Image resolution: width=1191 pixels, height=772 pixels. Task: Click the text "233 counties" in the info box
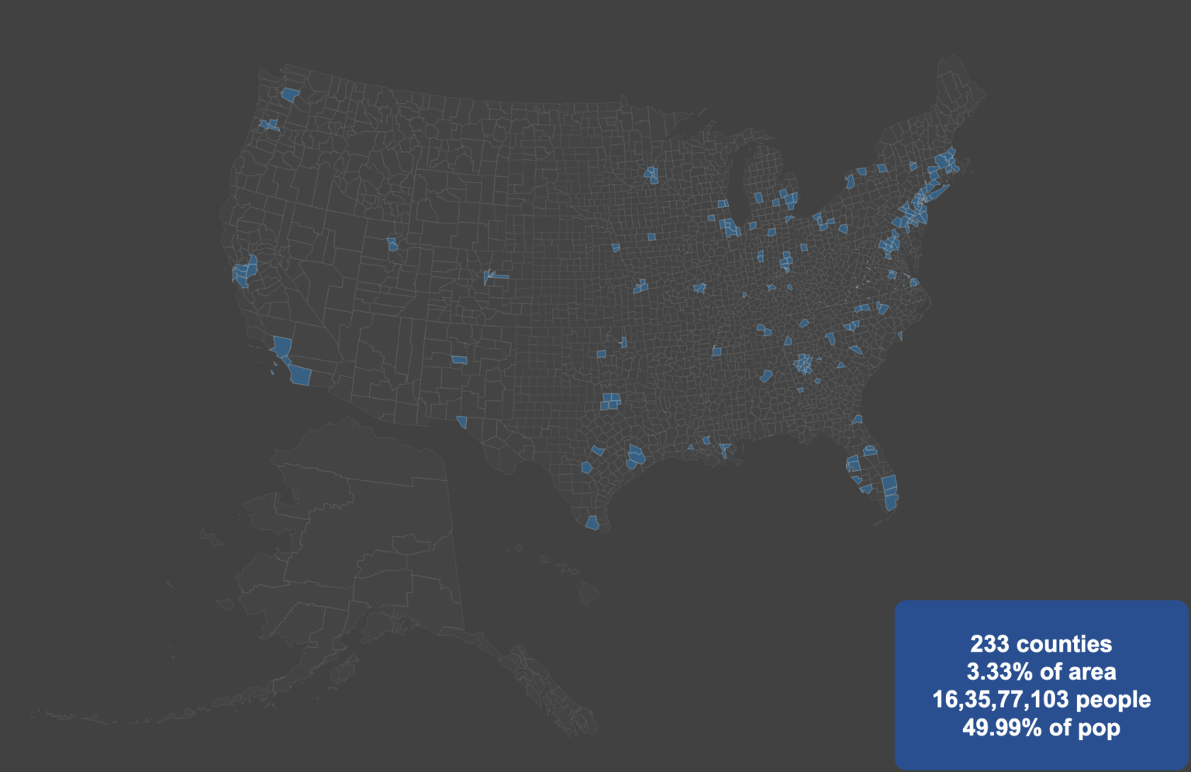1041,644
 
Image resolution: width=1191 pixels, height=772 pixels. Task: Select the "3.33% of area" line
1041,672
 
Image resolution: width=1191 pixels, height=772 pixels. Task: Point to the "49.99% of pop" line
1041,728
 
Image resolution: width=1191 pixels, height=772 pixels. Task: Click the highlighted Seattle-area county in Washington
290,95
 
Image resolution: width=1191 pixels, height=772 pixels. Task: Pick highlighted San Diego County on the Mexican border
300,376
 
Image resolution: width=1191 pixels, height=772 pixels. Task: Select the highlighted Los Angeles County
282,346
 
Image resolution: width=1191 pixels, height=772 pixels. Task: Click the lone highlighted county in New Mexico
460,360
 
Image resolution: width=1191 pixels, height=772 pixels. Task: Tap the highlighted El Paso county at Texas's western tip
462,422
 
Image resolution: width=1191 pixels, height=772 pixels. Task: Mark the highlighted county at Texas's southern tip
592,523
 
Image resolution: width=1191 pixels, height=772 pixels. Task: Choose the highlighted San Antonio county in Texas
587,468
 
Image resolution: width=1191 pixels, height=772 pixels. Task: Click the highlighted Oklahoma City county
601,354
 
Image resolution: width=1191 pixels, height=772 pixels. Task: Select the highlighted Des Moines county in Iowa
651,237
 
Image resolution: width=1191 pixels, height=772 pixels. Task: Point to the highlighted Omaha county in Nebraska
616,248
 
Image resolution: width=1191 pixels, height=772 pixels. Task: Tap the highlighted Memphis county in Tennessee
716,351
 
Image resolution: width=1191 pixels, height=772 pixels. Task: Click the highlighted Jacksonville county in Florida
857,420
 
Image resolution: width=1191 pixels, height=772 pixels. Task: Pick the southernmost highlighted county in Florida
890,501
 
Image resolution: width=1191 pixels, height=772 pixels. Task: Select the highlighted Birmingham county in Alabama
766,376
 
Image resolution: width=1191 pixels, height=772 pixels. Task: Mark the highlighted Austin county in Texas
597,450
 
